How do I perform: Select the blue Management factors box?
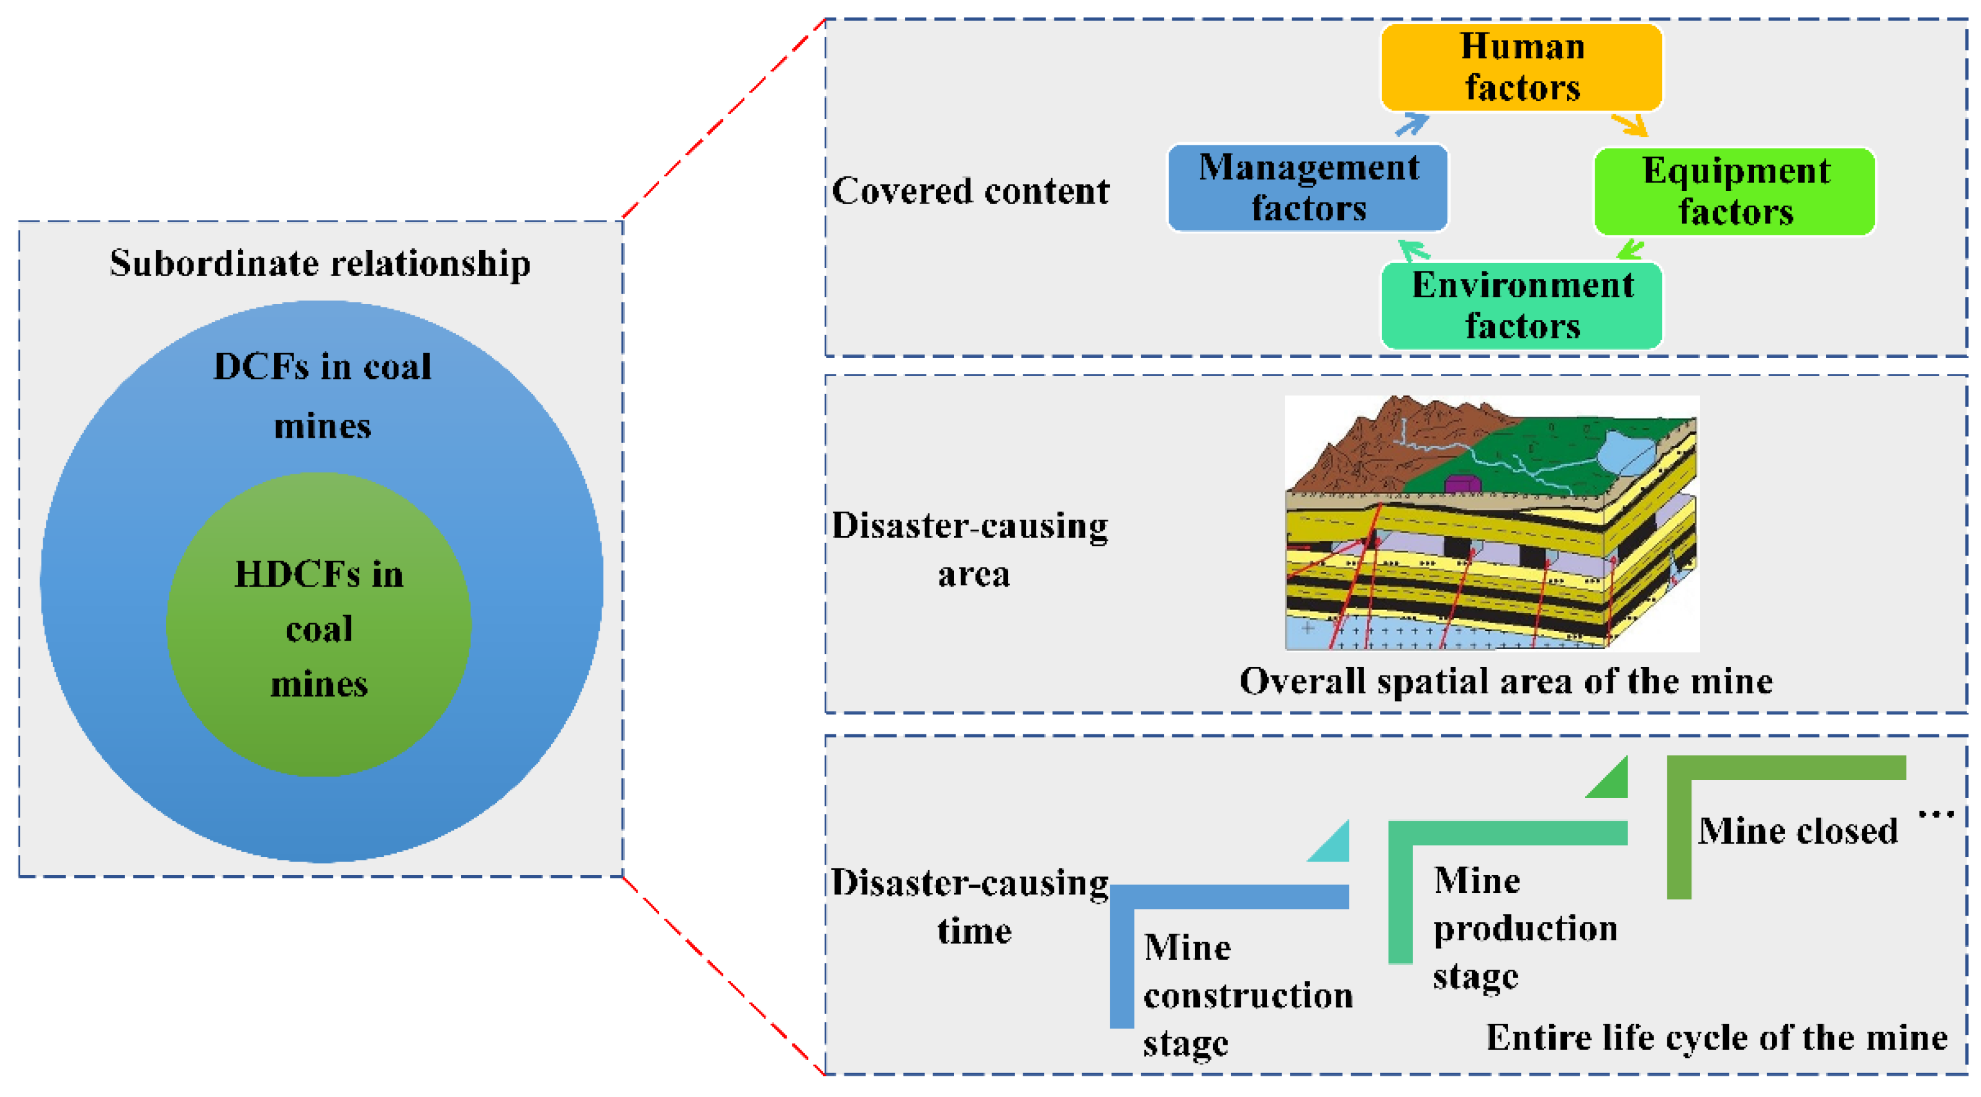tap(1307, 187)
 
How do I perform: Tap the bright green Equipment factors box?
tap(1734, 192)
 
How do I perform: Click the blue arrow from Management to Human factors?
tap(1412, 124)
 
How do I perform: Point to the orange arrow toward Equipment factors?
tap(1630, 124)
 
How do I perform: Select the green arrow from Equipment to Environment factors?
tap(1630, 250)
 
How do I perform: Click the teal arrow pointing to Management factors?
tap(1413, 250)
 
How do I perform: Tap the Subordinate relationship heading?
tap(320, 264)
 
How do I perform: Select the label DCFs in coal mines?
tap(322, 395)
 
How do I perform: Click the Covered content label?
tap(970, 192)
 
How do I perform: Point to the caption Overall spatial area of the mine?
tap(1506, 681)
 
